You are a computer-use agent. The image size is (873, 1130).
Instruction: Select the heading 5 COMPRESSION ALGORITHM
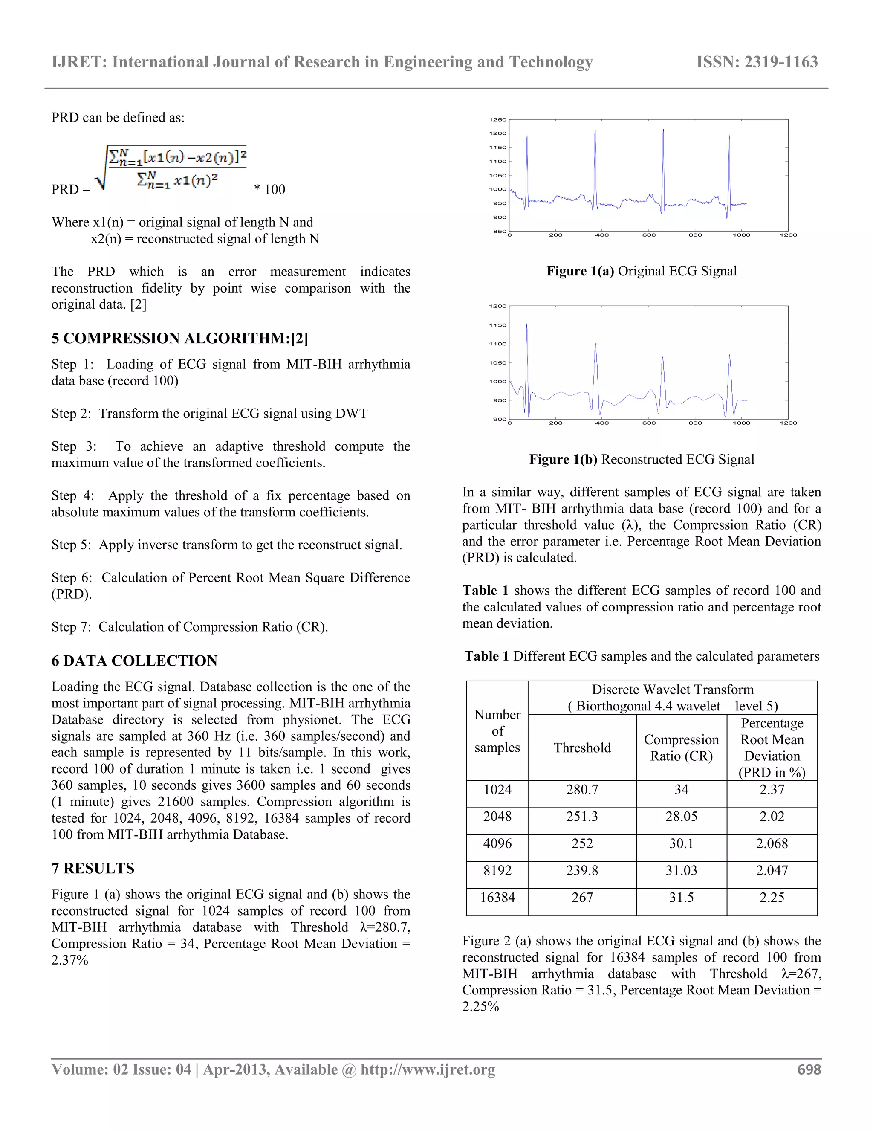pyautogui.click(x=179, y=339)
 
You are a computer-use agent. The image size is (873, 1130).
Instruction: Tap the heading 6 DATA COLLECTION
pyautogui.click(x=134, y=661)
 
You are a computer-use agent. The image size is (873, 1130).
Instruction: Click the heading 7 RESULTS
pyautogui.click(x=93, y=868)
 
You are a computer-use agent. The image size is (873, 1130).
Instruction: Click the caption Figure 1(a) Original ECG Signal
pyautogui.click(x=641, y=271)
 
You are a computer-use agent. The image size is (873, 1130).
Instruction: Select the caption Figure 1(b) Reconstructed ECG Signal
pyautogui.click(x=641, y=459)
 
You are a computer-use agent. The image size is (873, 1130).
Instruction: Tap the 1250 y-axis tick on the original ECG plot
pyautogui.click(x=497, y=119)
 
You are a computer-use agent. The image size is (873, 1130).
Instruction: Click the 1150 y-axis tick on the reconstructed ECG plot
pyautogui.click(x=497, y=325)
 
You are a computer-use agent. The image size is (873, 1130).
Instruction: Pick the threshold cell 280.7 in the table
pyautogui.click(x=582, y=790)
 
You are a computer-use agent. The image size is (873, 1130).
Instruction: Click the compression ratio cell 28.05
pyautogui.click(x=681, y=817)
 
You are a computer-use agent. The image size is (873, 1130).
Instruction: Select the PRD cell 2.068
pyautogui.click(x=772, y=843)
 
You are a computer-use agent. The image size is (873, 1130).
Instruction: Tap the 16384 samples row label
pyautogui.click(x=497, y=897)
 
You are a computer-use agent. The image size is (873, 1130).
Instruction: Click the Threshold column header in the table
pyautogui.click(x=582, y=748)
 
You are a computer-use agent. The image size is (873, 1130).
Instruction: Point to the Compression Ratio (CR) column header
pyautogui.click(x=681, y=748)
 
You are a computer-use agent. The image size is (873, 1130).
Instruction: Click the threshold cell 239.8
pyautogui.click(x=582, y=870)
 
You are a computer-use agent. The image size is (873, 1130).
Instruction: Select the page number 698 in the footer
pyautogui.click(x=809, y=1069)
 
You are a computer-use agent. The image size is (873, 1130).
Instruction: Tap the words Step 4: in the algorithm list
pyautogui.click(x=73, y=495)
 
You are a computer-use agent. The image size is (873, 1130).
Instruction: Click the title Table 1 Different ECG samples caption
pyautogui.click(x=641, y=656)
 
